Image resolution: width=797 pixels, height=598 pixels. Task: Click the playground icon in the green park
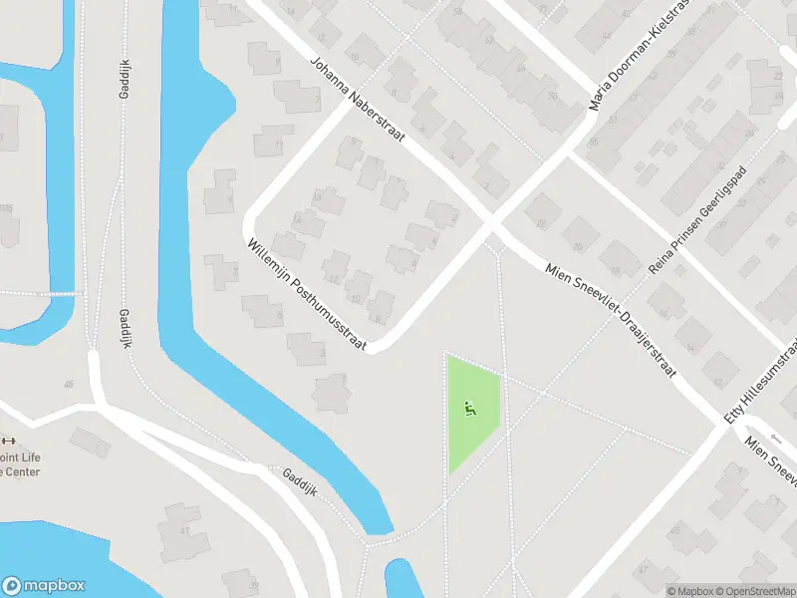(x=469, y=407)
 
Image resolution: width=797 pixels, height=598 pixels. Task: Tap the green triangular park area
(x=469, y=414)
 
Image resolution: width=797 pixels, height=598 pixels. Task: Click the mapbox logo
(x=44, y=586)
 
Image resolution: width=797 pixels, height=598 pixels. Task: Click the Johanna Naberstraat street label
(x=357, y=99)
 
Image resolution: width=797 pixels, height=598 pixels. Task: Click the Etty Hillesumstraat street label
(x=761, y=380)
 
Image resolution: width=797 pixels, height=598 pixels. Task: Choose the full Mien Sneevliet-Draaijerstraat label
(x=611, y=319)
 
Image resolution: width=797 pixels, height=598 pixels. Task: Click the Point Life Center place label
(x=20, y=464)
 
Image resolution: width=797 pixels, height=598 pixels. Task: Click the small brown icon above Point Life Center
(x=9, y=442)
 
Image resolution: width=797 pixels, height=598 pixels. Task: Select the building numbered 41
(x=185, y=530)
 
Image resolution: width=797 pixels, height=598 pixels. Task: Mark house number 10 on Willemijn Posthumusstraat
(x=356, y=298)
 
